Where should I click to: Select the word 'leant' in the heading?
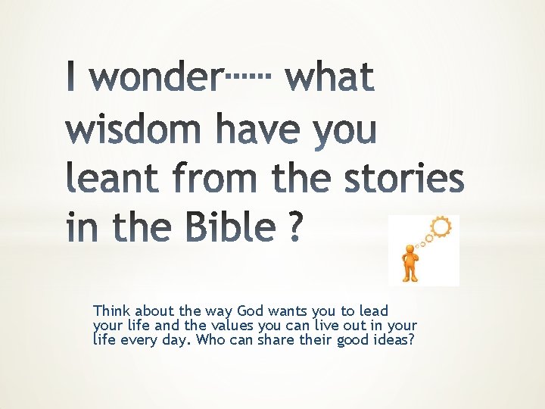tap(121, 179)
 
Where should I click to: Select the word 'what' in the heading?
tap(330, 79)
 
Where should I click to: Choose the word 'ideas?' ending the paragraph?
tap(394, 339)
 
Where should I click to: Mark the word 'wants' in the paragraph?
tap(285, 311)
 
